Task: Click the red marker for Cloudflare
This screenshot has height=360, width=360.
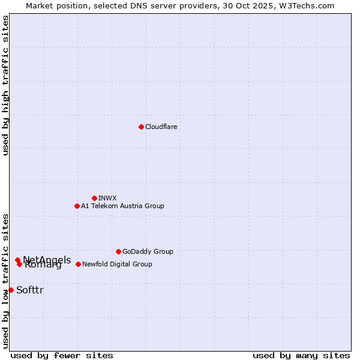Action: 141,127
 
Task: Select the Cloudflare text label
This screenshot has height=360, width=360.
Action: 161,127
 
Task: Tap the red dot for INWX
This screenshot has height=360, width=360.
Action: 94,198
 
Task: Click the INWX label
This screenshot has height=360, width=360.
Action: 107,198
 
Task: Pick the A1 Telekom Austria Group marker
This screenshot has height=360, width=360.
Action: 77,206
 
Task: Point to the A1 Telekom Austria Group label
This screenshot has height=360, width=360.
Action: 122,206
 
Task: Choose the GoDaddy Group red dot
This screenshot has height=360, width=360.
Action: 118,251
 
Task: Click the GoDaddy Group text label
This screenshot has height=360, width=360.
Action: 148,251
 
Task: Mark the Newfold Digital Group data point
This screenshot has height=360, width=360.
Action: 78,264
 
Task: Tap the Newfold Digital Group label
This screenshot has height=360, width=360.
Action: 117,264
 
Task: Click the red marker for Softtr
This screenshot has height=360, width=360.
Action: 11,290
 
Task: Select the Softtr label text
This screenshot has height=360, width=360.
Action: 30,290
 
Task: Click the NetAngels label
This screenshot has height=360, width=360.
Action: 47,260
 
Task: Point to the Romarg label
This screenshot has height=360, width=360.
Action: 43,265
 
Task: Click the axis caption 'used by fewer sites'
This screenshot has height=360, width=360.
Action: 62,355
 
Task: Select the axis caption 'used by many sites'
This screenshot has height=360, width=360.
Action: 301,355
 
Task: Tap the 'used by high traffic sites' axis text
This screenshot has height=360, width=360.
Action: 6,85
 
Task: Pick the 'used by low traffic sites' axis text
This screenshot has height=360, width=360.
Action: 6,280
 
